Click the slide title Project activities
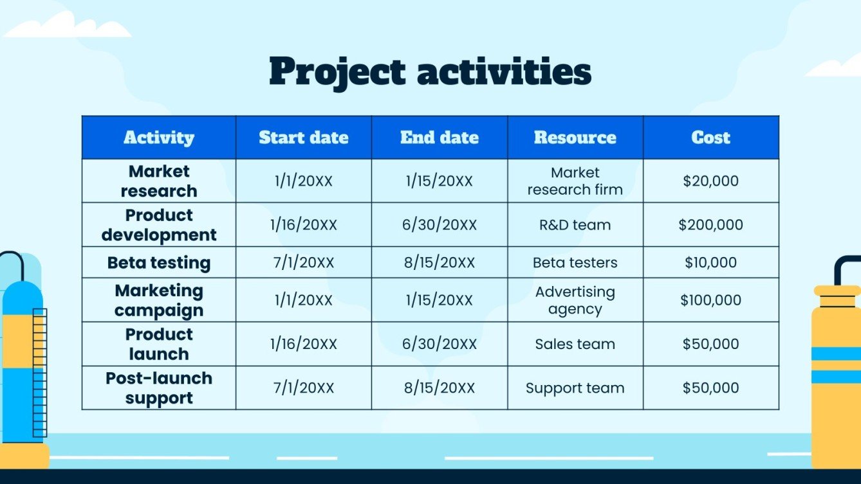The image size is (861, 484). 430,71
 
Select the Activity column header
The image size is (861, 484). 159,138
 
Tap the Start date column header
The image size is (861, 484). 304,138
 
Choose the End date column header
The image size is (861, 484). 440,138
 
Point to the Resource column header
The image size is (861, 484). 575,138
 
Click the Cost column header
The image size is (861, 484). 711,138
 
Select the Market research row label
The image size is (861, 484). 159,181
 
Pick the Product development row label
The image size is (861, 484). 159,225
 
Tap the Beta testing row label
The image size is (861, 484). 159,262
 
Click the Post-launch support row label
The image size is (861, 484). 159,388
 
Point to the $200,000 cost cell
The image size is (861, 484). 711,225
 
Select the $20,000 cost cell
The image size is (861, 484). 711,181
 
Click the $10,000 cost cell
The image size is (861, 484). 711,262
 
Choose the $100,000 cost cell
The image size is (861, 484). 711,300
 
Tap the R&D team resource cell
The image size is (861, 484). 575,225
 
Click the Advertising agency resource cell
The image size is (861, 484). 575,300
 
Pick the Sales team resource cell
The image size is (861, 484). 575,344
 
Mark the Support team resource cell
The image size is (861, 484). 575,388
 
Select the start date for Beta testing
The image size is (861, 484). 304,262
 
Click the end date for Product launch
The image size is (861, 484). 440,344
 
